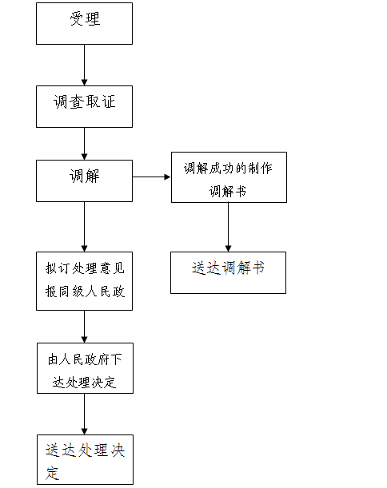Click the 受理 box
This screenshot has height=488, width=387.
84,23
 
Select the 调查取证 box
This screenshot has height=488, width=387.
84,106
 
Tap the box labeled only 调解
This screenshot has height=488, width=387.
84,181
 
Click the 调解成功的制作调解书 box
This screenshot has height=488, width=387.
229,177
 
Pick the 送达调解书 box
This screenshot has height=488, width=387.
228,272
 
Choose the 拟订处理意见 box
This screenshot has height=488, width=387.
84,281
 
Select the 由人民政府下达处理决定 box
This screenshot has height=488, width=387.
85,368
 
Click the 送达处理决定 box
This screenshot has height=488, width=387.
85,459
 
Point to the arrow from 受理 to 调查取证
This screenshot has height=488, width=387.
84,65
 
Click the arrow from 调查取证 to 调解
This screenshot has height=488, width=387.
84,144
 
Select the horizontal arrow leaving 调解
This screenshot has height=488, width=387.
152,177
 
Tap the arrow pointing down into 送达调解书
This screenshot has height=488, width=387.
228,227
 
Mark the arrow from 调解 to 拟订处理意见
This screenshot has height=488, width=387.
84,227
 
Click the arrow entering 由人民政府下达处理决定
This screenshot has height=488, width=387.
84,327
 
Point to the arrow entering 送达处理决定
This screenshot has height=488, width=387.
84,415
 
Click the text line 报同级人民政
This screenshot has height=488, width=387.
85,292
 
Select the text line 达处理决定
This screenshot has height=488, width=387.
84,383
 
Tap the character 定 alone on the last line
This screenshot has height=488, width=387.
52,473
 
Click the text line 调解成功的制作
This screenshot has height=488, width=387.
228,169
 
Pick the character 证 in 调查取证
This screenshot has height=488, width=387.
109,101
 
